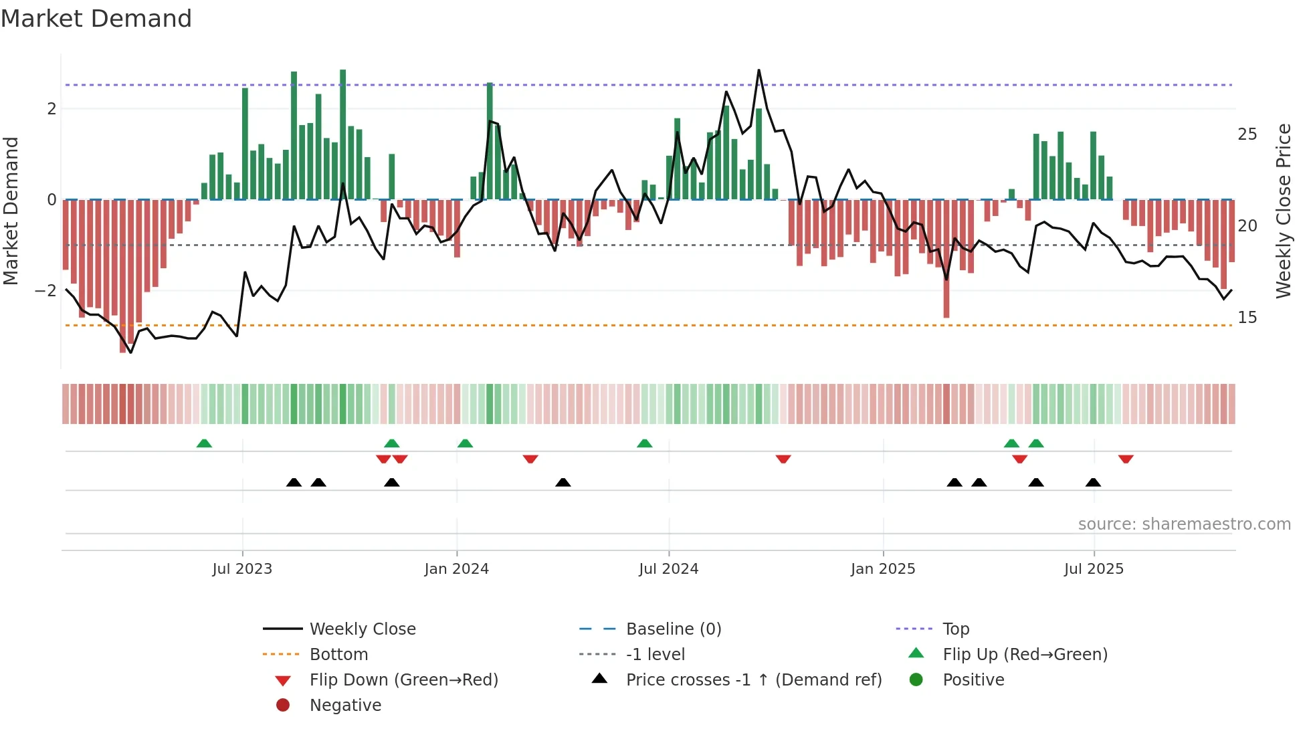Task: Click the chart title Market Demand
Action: coord(96,19)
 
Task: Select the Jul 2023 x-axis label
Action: coord(242,569)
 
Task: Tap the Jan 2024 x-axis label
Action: coord(456,569)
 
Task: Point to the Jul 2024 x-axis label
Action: coord(668,569)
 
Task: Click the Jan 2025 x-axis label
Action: coord(883,569)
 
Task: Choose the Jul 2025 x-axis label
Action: coord(1094,569)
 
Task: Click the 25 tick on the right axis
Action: coord(1247,134)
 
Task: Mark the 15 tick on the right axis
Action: coord(1247,317)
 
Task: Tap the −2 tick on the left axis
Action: coord(46,290)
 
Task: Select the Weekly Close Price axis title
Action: coord(1283,211)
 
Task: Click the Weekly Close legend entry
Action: coord(362,629)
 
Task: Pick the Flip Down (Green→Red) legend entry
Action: coord(403,679)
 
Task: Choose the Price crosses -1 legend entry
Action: coord(753,679)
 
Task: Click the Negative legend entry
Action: coord(345,705)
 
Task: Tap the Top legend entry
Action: coord(955,629)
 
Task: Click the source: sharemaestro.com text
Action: coord(1184,524)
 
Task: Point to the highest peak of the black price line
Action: coord(759,70)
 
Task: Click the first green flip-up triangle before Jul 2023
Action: coord(204,443)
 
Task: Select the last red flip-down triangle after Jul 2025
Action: coord(1126,459)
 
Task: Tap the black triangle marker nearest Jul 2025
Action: coord(1093,482)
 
